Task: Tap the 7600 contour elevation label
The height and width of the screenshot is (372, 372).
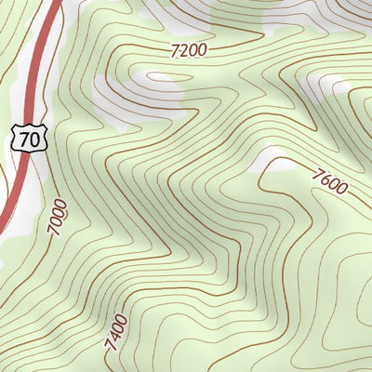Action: click(x=330, y=179)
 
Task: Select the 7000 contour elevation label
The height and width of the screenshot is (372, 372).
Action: click(x=58, y=217)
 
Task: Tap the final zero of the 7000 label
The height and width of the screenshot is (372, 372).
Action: click(x=55, y=204)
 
